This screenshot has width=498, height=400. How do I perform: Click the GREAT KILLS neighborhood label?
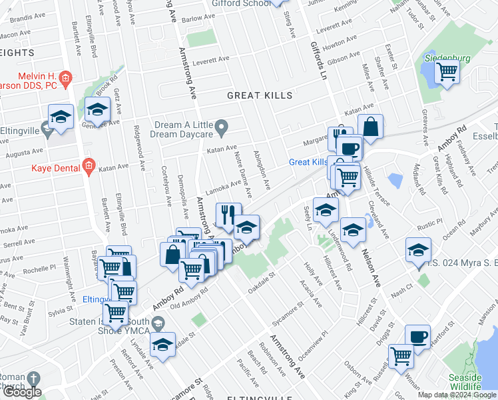point(259,95)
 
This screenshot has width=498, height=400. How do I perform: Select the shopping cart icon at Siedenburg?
point(447,71)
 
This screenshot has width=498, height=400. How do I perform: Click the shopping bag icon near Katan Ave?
point(370,126)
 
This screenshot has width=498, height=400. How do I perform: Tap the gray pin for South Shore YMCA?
point(158,323)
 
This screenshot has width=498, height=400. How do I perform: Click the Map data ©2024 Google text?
point(457,395)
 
